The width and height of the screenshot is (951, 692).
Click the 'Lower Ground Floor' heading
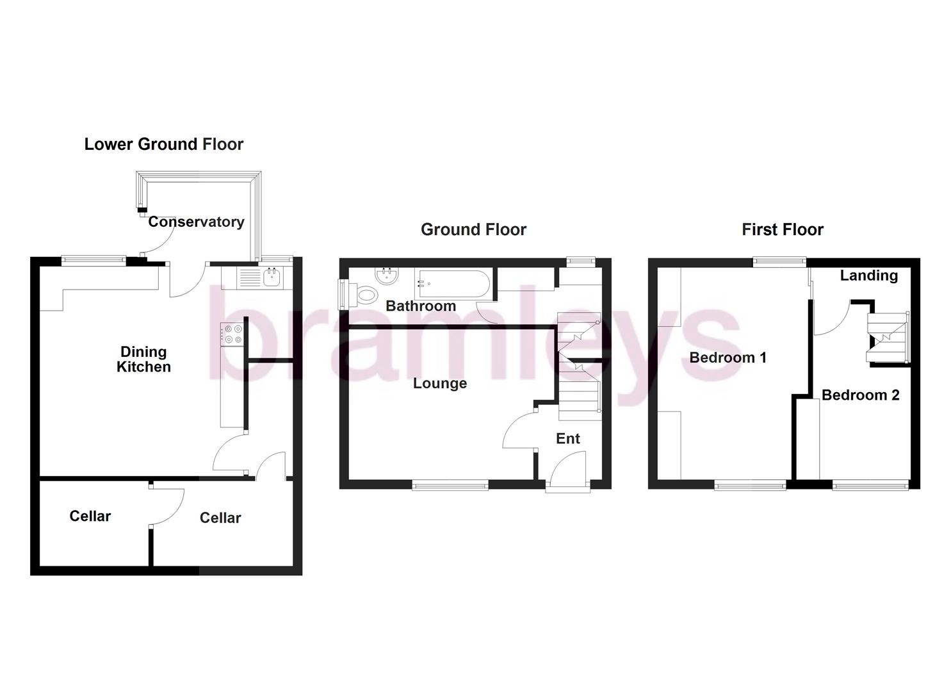[x=164, y=144]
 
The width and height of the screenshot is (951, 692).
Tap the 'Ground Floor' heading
[x=473, y=229]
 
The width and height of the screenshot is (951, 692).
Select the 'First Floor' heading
[x=783, y=229]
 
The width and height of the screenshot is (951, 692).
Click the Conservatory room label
[x=196, y=222]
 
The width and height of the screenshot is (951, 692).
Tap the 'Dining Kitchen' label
[x=143, y=359]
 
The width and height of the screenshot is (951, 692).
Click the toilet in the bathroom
[x=366, y=297]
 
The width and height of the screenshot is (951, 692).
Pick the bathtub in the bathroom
[x=452, y=283]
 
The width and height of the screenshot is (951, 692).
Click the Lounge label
[x=440, y=383]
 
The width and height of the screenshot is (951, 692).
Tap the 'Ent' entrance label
[x=568, y=438]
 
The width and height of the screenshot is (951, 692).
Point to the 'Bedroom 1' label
[x=728, y=358]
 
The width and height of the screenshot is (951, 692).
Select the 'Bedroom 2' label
[x=861, y=395]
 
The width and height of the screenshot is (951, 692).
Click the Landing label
[x=869, y=276]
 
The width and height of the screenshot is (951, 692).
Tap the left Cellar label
[x=90, y=516]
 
